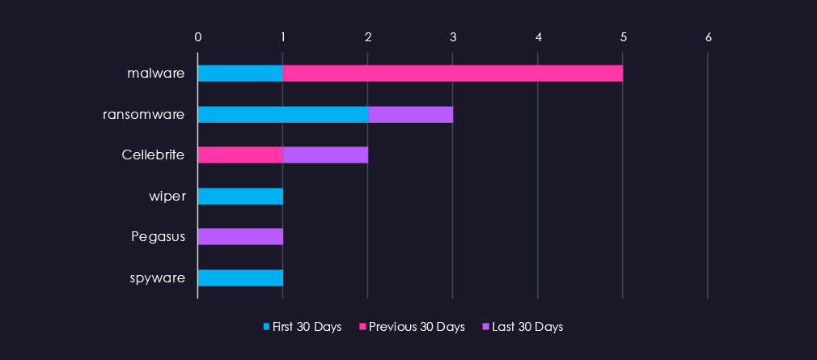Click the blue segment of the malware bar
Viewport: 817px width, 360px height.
tap(240, 74)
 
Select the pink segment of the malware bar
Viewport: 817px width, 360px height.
tap(453, 74)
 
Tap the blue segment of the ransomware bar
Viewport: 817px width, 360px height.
tap(283, 114)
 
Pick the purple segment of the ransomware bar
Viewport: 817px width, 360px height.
tap(410, 114)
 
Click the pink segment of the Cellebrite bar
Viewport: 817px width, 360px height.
tap(240, 155)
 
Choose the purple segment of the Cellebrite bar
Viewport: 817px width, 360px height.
tap(325, 155)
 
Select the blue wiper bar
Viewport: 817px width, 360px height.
tap(240, 196)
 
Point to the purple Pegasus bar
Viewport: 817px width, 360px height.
tap(240, 237)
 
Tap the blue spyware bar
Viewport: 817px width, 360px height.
tap(240, 277)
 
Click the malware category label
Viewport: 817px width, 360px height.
tap(156, 74)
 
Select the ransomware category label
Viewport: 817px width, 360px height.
tap(144, 114)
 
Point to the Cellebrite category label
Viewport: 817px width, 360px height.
tap(153, 155)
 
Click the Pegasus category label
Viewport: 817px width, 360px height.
tap(159, 237)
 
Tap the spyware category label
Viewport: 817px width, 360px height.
tap(157, 277)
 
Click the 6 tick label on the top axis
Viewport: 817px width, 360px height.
tap(709, 36)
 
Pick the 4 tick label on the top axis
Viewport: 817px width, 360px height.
tap(538, 36)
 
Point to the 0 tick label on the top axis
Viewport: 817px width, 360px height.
tap(198, 36)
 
